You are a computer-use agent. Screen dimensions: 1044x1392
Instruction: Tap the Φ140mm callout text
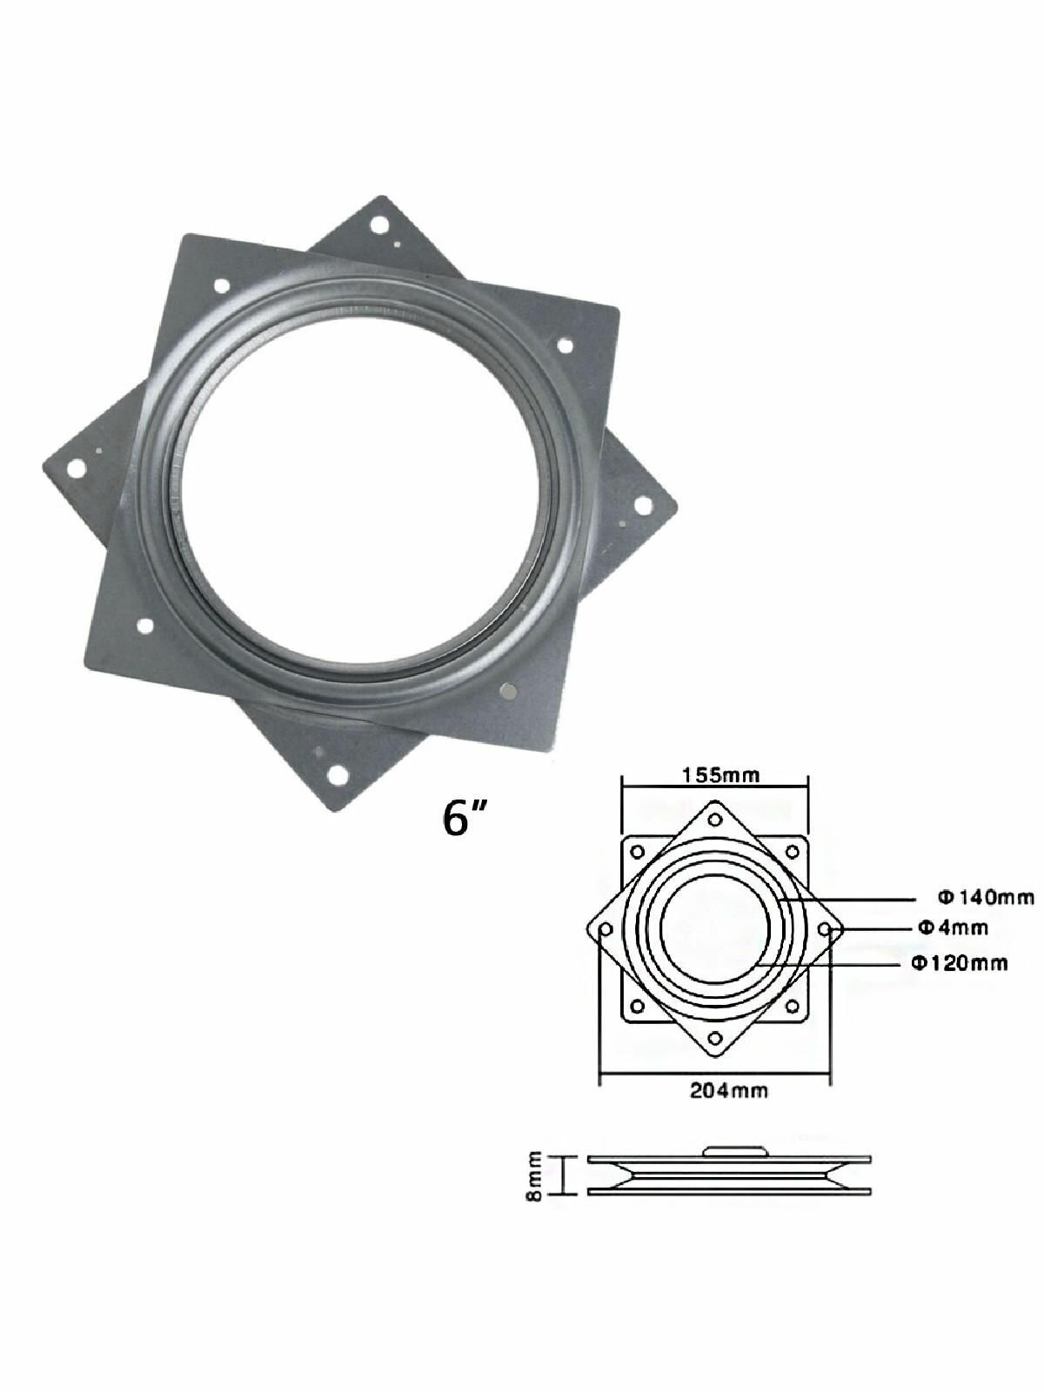[987, 897]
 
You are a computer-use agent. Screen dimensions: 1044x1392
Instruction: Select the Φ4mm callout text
[954, 927]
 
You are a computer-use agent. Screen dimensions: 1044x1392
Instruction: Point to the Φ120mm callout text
[960, 963]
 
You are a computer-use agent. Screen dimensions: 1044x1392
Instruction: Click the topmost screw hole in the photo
[379, 224]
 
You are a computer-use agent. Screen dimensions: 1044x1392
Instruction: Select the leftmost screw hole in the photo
[77, 468]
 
